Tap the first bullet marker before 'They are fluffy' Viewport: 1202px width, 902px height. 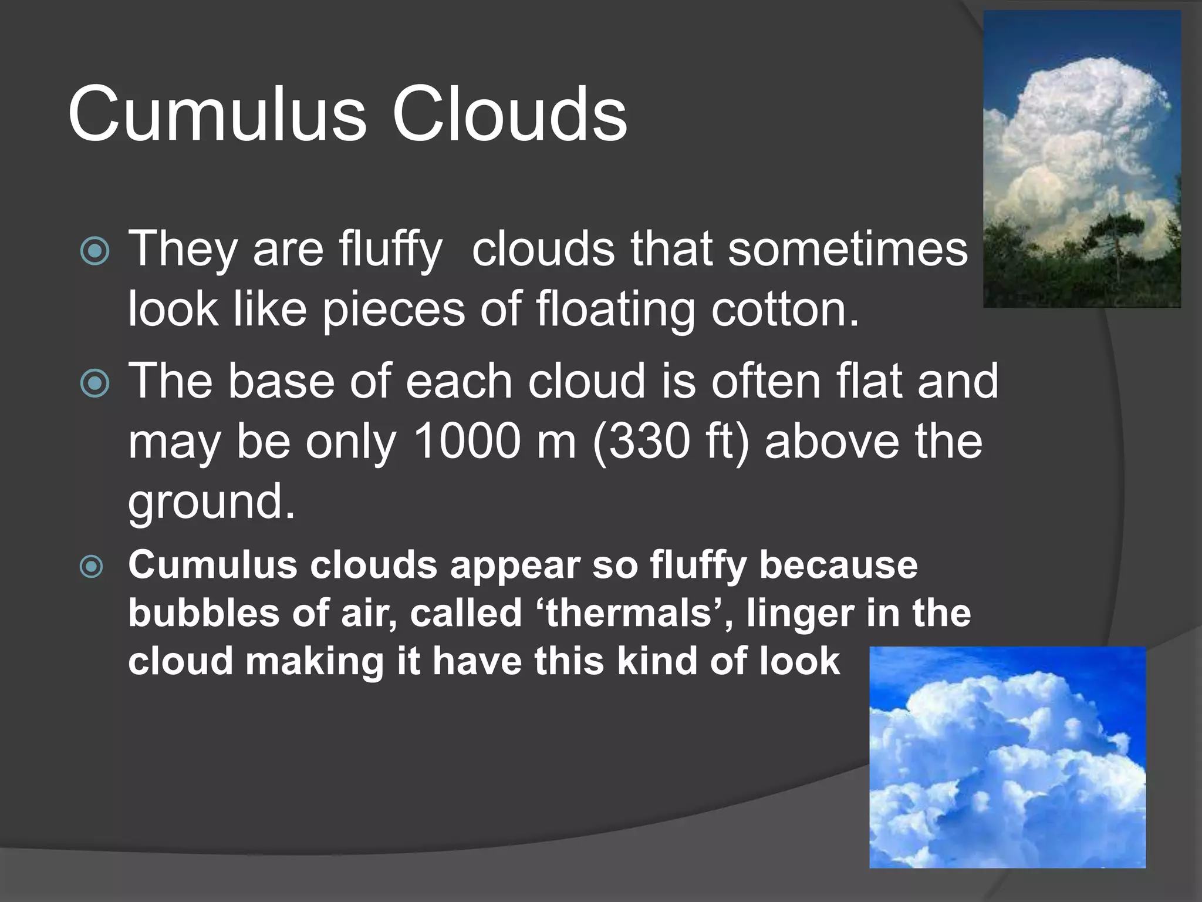click(94, 251)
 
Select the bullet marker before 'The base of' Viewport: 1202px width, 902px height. click(94, 383)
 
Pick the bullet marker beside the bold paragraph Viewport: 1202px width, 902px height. click(92, 567)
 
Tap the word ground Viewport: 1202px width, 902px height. click(211, 502)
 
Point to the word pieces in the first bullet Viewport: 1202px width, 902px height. click(393, 310)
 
